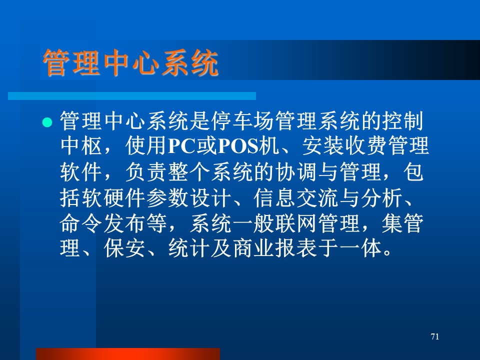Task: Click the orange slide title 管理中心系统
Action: tap(130, 63)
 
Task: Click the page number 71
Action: tap(434, 336)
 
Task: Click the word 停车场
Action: tap(243, 120)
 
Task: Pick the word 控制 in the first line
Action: tap(403, 120)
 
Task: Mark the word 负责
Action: tap(146, 172)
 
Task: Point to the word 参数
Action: tap(167, 198)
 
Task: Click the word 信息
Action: tap(274, 198)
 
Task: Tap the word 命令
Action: tap(81, 223)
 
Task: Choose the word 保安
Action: tap(124, 248)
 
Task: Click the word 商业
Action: tap(253, 248)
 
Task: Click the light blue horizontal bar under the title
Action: tap(132, 96)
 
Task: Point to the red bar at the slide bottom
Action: tap(128, 354)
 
